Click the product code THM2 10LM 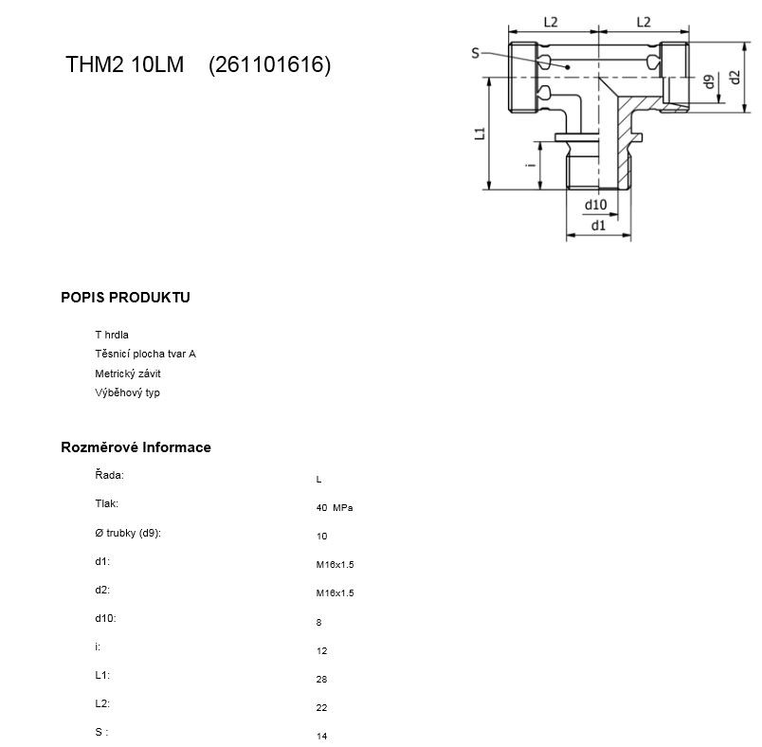pyautogui.click(x=124, y=64)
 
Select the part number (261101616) pyautogui.click(x=270, y=64)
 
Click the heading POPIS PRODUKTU pyautogui.click(x=125, y=298)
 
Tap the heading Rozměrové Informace pyautogui.click(x=136, y=447)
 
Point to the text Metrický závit pyautogui.click(x=128, y=373)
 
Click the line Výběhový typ pyautogui.click(x=127, y=392)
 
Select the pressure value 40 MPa pyautogui.click(x=335, y=508)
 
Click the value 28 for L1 pyautogui.click(x=321, y=680)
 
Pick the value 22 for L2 pyautogui.click(x=321, y=708)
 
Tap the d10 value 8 pyautogui.click(x=318, y=623)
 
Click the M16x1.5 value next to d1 pyautogui.click(x=335, y=565)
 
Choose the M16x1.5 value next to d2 pyautogui.click(x=335, y=593)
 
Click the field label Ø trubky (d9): pyautogui.click(x=128, y=533)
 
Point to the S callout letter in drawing pyautogui.click(x=475, y=53)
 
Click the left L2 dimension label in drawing pyautogui.click(x=551, y=22)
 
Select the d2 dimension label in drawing pyautogui.click(x=735, y=78)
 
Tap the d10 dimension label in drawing pyautogui.click(x=595, y=205)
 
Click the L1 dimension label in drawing pyautogui.click(x=481, y=133)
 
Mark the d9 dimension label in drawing pyautogui.click(x=710, y=82)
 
